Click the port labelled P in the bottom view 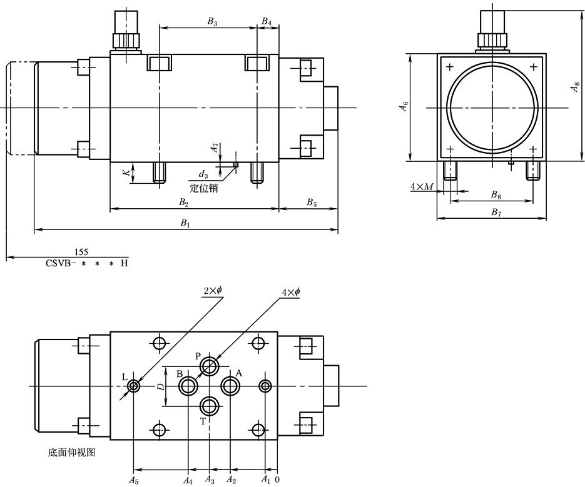point(210,366)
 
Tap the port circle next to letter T point(210,406)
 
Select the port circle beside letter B point(188,386)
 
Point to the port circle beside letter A point(231,386)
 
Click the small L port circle point(133,386)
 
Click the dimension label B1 point(185,224)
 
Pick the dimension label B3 point(213,21)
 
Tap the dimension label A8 point(575,88)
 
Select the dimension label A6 point(404,107)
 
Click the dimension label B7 point(496,213)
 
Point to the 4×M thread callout point(422,186)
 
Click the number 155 point(81,252)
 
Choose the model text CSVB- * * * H point(86,263)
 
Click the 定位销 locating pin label point(204,188)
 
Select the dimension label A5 point(133,480)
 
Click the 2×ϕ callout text point(213,292)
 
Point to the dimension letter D point(161,386)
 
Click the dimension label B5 point(311,202)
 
